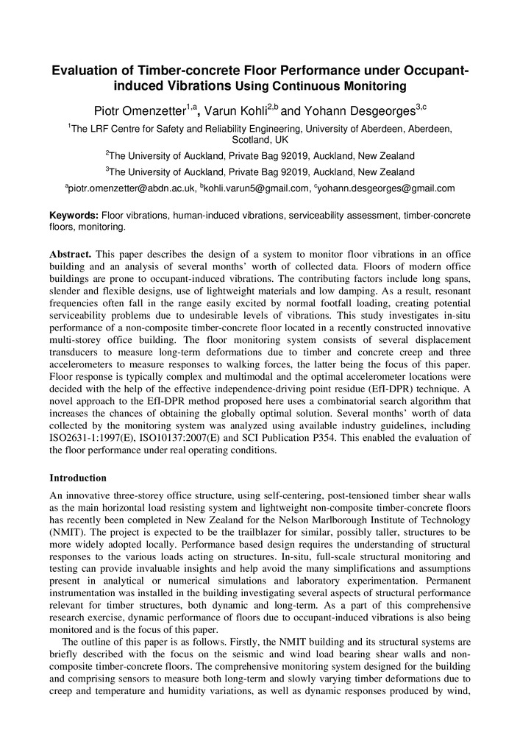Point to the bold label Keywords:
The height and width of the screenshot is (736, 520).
coord(74,214)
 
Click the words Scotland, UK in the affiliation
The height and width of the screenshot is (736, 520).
coord(260,138)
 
